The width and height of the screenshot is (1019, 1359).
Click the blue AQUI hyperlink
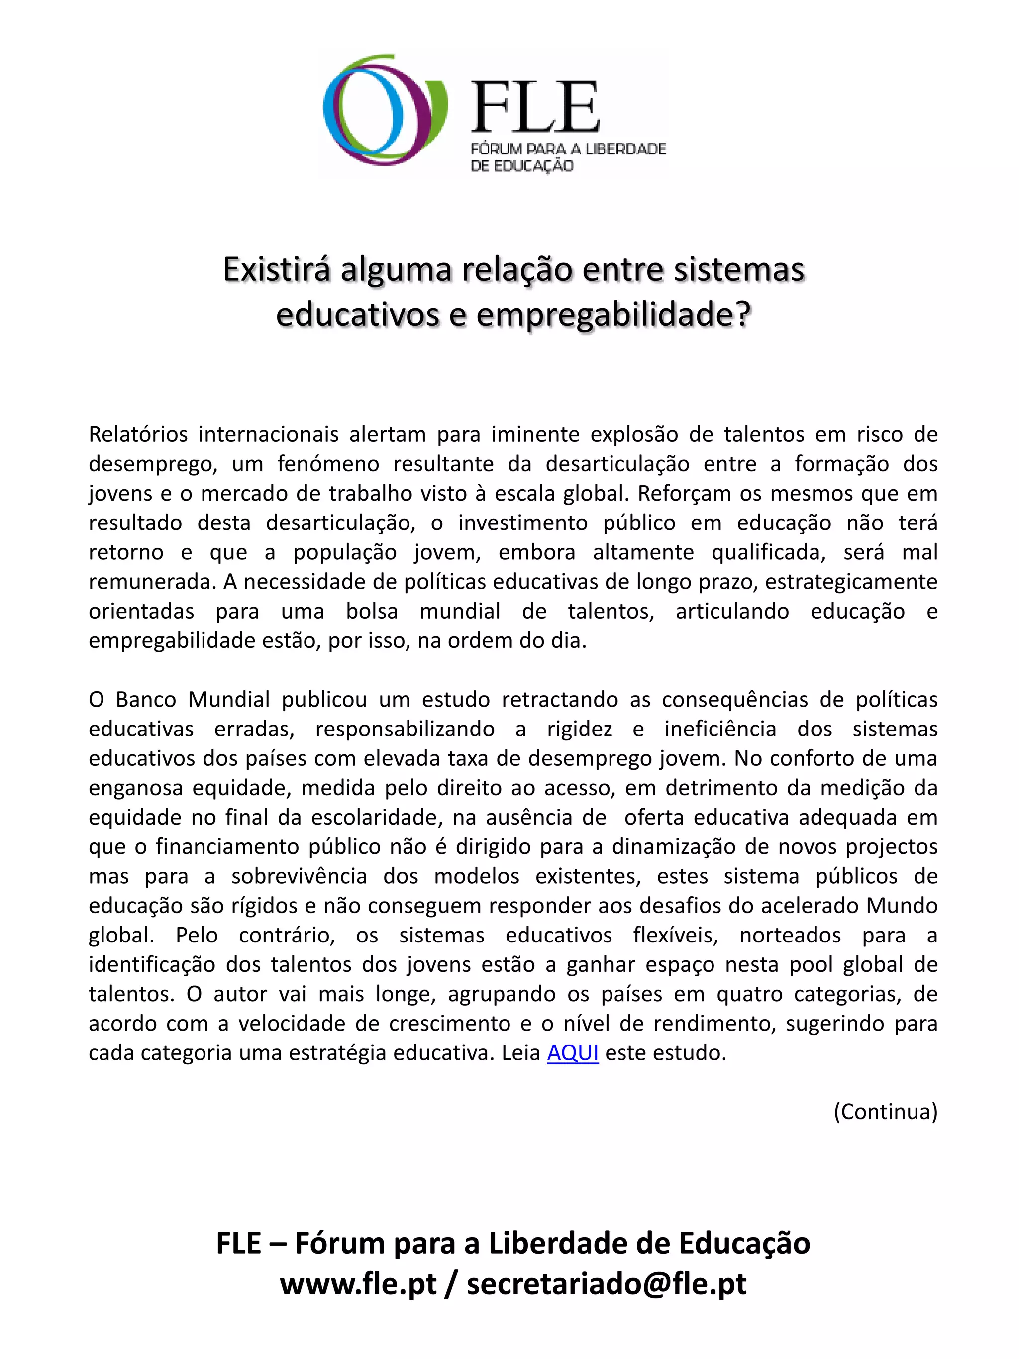click(573, 1052)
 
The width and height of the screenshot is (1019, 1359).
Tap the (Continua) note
click(885, 1111)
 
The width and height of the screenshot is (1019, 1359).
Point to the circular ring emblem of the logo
click(385, 109)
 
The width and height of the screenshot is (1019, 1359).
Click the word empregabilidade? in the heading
click(613, 314)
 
